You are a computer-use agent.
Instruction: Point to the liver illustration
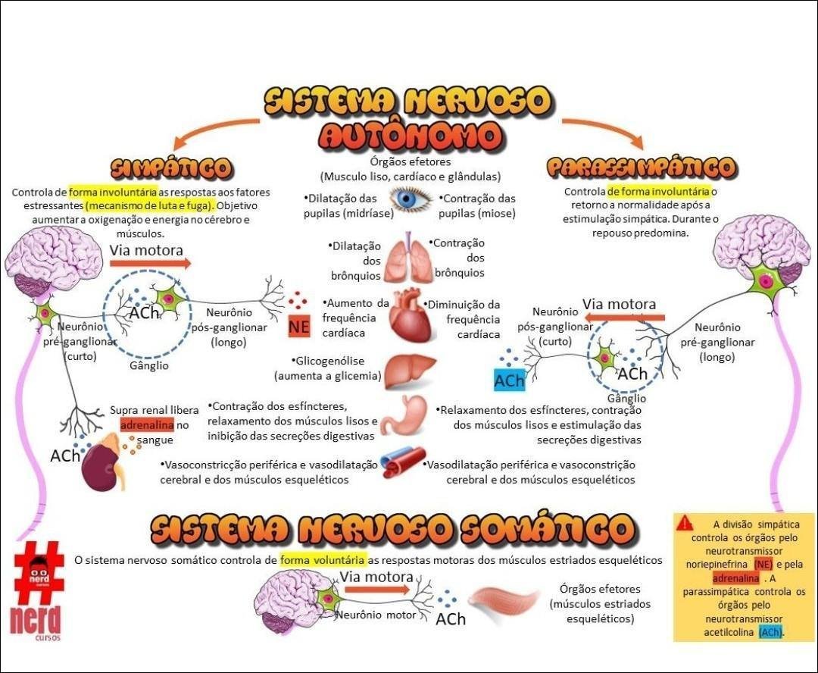[409, 371]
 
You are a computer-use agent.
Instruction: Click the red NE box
[298, 327]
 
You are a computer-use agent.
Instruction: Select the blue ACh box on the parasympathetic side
[509, 380]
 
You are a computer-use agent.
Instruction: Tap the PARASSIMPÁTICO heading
[641, 167]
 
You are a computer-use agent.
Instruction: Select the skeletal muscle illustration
[504, 601]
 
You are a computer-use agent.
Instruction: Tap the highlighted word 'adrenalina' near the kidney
[147, 424]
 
